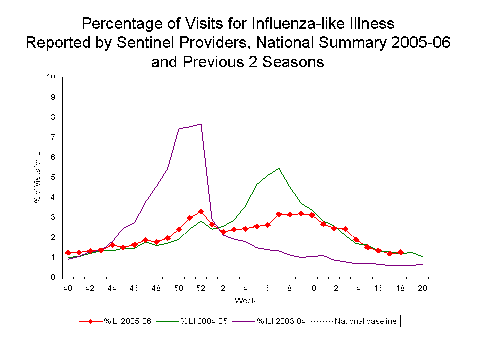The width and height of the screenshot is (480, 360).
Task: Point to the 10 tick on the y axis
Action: pyautogui.click(x=51, y=77)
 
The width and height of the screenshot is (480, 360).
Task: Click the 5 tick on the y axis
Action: pyautogui.click(x=53, y=177)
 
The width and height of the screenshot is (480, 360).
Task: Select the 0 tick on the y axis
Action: pyautogui.click(x=53, y=277)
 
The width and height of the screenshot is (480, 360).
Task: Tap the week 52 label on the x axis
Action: pyautogui.click(x=200, y=288)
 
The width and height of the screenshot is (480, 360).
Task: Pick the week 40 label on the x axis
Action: pyautogui.click(x=67, y=288)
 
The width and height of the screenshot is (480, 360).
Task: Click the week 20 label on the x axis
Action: pyautogui.click(x=423, y=288)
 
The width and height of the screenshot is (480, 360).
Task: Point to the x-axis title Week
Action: pyautogui.click(x=245, y=301)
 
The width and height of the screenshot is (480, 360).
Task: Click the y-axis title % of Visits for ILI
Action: pyautogui.click(x=37, y=177)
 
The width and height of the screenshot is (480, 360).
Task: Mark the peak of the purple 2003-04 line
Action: pyautogui.click(x=201, y=124)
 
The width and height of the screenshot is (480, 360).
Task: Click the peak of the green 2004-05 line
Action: pyautogui.click(x=278, y=168)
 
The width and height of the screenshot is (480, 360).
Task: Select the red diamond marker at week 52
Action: pyautogui.click(x=201, y=211)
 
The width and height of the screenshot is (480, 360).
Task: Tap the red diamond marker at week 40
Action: pyautogui.click(x=68, y=253)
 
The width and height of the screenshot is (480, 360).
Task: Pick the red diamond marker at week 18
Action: pyautogui.click(x=400, y=252)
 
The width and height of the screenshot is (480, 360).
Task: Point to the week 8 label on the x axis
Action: pyautogui.click(x=289, y=288)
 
